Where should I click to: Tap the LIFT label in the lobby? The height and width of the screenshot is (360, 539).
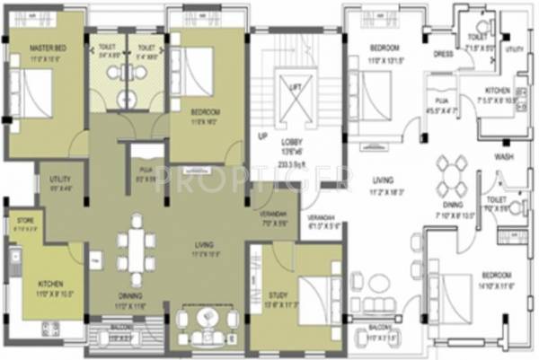coord(294,85)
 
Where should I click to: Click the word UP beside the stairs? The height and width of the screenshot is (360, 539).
coord(262,137)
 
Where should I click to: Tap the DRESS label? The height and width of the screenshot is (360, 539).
coord(441,53)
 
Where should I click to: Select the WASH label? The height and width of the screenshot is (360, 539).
coord(503,155)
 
